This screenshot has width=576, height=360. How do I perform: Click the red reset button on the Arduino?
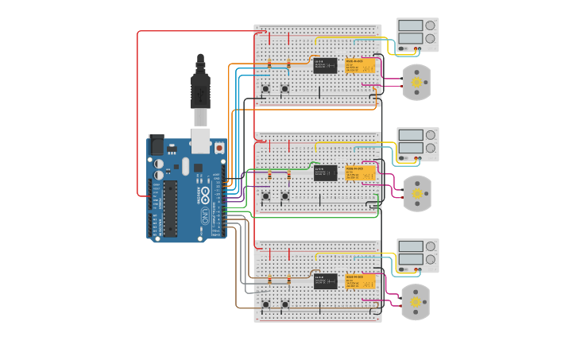218,148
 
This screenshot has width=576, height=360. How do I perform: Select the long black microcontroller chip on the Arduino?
170,208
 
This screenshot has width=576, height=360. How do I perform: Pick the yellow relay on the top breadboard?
359,65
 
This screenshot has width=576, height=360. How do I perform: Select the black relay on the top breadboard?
325,65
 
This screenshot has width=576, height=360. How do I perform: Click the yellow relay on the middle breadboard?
359,173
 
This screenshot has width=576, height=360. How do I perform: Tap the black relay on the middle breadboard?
325,173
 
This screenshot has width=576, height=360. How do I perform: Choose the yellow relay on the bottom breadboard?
359,281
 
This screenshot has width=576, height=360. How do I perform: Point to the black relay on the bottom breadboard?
325,281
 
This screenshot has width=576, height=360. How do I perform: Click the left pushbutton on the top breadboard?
265,88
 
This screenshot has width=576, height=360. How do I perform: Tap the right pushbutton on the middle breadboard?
284,196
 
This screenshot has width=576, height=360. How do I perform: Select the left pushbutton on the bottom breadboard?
265,304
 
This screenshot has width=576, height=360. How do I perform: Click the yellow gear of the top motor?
416,82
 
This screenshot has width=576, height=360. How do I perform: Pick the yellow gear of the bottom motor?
415,302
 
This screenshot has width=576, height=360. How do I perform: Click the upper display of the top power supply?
411,25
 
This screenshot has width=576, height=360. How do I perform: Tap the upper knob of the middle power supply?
430,134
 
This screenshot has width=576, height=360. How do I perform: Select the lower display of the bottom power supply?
411,259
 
